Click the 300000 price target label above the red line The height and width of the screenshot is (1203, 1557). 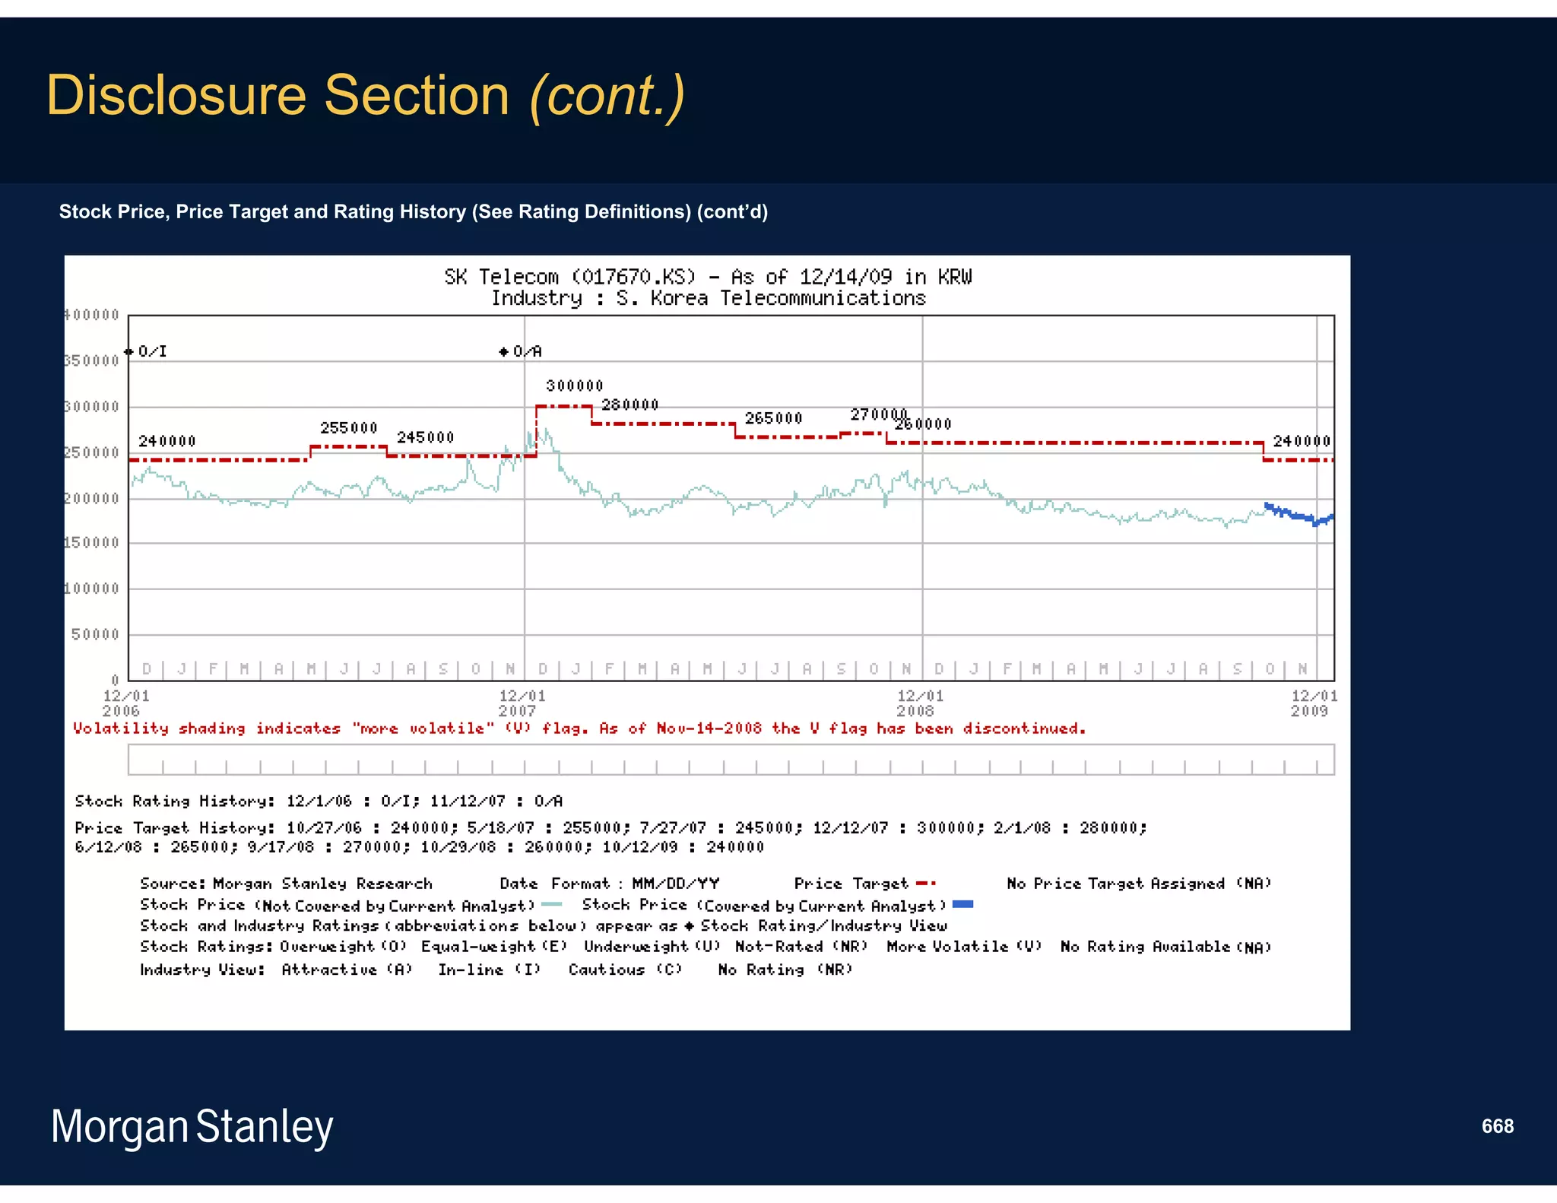[574, 386]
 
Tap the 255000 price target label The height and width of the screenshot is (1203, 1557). [348, 427]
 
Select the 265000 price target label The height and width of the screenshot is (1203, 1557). [773, 418]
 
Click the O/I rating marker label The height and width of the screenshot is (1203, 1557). [151, 351]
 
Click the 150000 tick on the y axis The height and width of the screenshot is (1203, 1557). [91, 542]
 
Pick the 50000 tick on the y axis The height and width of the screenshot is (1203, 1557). [95, 634]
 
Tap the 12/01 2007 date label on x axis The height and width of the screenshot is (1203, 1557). [521, 703]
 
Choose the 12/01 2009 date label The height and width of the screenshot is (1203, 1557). [1313, 703]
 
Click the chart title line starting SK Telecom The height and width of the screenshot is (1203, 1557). [707, 277]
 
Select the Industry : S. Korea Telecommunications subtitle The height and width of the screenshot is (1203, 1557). [707, 298]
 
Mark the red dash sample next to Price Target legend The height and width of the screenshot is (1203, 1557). [925, 884]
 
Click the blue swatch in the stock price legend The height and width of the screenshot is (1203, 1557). [962, 904]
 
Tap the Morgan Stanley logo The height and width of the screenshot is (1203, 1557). [192, 1126]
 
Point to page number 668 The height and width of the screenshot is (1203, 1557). [1497, 1126]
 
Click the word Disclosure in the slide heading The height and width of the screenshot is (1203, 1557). [176, 96]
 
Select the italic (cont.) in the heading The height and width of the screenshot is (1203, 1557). [607, 96]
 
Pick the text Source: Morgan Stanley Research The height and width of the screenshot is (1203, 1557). [286, 884]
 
